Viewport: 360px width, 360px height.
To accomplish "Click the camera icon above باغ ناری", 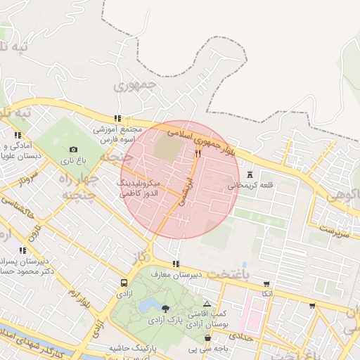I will click(x=74, y=149).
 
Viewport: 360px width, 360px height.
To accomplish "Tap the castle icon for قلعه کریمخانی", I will click(x=250, y=174).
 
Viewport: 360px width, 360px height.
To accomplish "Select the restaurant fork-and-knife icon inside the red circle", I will click(x=198, y=153).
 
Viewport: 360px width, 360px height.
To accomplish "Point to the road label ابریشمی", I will click(x=185, y=191).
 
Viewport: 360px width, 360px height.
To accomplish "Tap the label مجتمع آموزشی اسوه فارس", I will click(x=117, y=135).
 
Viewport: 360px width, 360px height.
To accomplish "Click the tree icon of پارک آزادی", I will click(x=165, y=309).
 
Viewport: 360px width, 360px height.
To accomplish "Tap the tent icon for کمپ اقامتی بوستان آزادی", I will click(x=207, y=304).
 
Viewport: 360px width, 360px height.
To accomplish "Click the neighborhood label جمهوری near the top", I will click(x=133, y=87).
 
